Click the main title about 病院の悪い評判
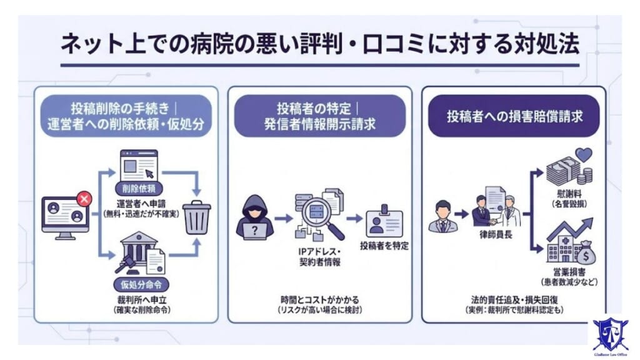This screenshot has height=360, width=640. point(320,46)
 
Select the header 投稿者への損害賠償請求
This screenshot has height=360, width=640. point(514,116)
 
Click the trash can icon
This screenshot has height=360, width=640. point(197,216)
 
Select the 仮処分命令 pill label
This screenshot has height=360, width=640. point(139,284)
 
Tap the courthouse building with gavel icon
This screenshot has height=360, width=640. point(139,253)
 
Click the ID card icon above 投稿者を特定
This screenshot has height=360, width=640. point(384,220)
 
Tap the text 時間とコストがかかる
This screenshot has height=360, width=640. point(319,300)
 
